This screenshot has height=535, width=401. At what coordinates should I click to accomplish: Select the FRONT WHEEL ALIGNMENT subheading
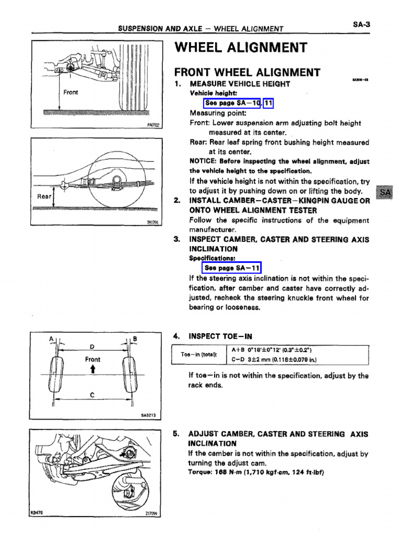point(247,72)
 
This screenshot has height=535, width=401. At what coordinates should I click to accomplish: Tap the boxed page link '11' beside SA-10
point(268,103)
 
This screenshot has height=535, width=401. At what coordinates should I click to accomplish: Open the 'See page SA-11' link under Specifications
point(231,268)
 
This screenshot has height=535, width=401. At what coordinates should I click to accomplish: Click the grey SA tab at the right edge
point(385,193)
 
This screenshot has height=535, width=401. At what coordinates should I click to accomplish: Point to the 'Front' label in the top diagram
point(70,92)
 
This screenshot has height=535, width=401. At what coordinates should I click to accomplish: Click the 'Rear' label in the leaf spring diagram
point(44,196)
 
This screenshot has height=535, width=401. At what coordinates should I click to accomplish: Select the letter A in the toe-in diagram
point(52,339)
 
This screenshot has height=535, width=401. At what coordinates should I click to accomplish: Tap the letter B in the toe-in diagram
point(135,339)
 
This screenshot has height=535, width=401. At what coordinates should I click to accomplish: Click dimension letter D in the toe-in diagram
point(92,346)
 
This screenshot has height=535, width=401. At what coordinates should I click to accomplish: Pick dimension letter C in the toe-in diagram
point(92,396)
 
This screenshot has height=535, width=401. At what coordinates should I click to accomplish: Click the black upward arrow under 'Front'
point(92,369)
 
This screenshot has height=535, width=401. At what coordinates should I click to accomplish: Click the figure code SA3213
point(149,416)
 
